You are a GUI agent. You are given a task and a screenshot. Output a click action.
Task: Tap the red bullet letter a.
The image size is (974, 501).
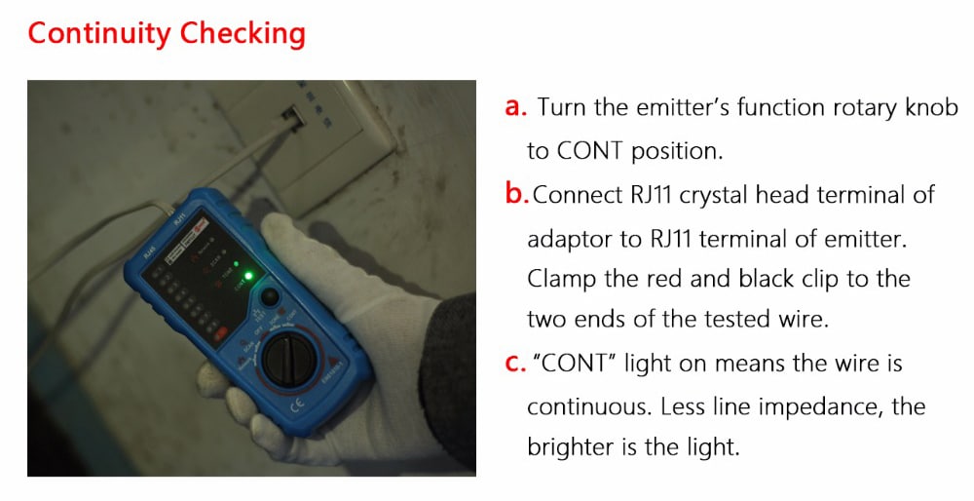click(515, 107)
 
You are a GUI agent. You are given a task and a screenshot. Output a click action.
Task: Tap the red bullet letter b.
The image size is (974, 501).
click(516, 194)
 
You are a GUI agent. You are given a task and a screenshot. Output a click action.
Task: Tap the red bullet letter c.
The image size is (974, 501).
click(515, 365)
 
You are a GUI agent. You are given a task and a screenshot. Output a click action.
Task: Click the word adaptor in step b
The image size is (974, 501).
click(570, 239)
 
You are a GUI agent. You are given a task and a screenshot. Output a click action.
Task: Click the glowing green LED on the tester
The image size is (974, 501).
click(248, 276)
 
